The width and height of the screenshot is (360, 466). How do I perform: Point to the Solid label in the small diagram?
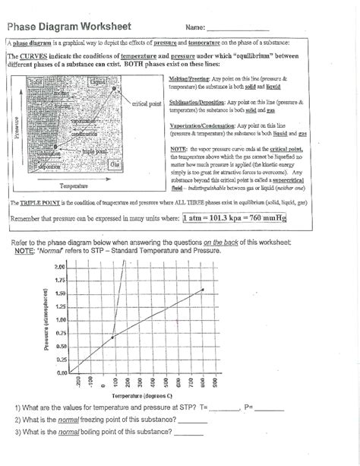pyautogui.click(x=36, y=81)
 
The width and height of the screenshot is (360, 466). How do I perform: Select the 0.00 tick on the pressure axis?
pyautogui.click(x=61, y=373)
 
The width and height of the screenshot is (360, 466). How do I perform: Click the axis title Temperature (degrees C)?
pyautogui.click(x=142, y=396)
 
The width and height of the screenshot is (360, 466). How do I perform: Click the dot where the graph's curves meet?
pyautogui.click(x=113, y=338)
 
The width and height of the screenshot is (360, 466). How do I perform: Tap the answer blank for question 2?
pyautogui.click(x=192, y=420)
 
